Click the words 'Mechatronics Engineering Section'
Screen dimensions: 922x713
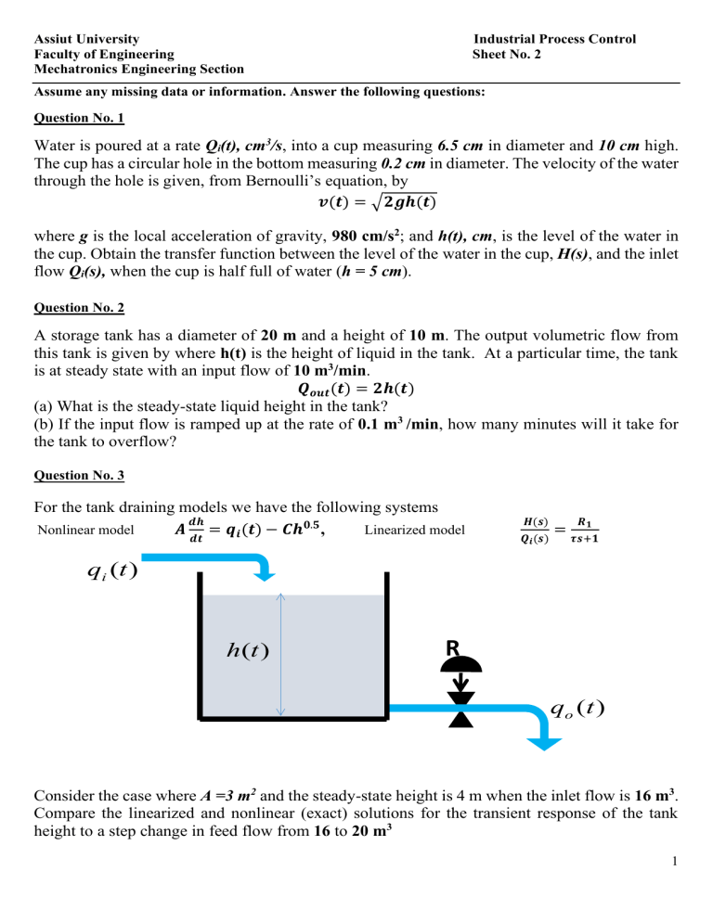coord(139,69)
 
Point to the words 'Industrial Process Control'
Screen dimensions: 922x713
coord(555,39)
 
